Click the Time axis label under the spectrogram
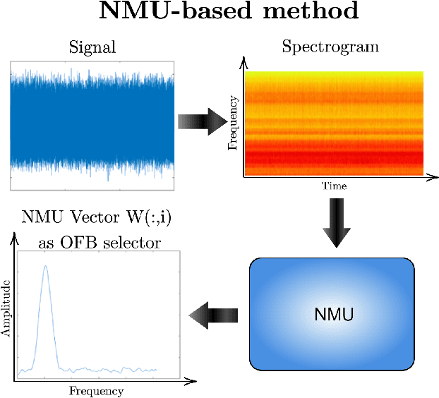335,186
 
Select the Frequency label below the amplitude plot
97,391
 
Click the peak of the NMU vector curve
46,266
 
